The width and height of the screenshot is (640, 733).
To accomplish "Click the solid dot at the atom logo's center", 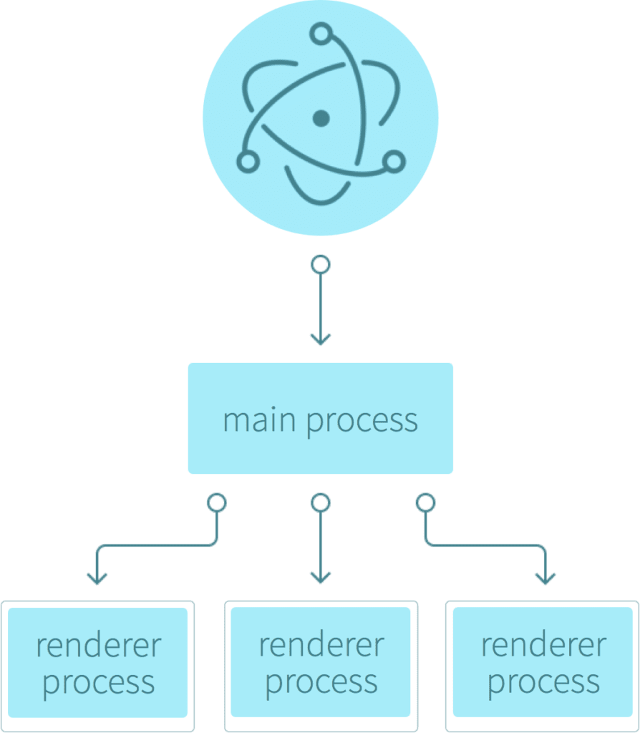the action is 321,118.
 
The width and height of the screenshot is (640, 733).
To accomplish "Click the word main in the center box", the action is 259,420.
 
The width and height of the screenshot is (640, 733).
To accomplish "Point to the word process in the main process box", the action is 362,423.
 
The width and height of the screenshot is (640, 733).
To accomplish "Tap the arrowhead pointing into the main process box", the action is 321,340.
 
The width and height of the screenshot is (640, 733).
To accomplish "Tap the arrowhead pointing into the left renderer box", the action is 97,578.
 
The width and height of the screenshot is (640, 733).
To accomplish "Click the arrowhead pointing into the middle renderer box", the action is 321,578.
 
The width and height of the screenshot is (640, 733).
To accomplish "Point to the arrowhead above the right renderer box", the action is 545,578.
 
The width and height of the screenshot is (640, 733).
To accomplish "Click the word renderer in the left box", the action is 99,646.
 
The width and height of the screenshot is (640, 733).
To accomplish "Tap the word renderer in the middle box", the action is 321,645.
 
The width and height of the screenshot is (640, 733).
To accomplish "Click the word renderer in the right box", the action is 543,645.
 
